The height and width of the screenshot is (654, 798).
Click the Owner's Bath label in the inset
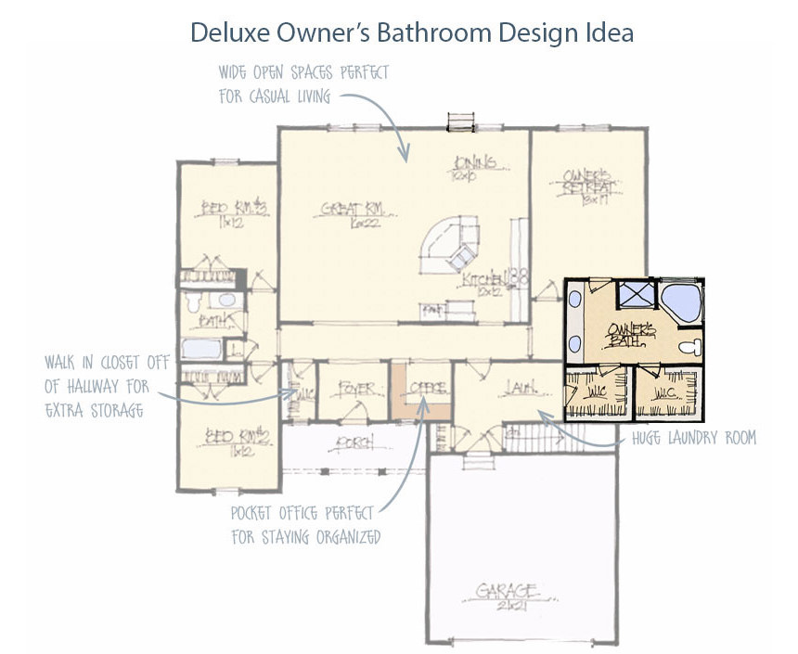631,334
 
